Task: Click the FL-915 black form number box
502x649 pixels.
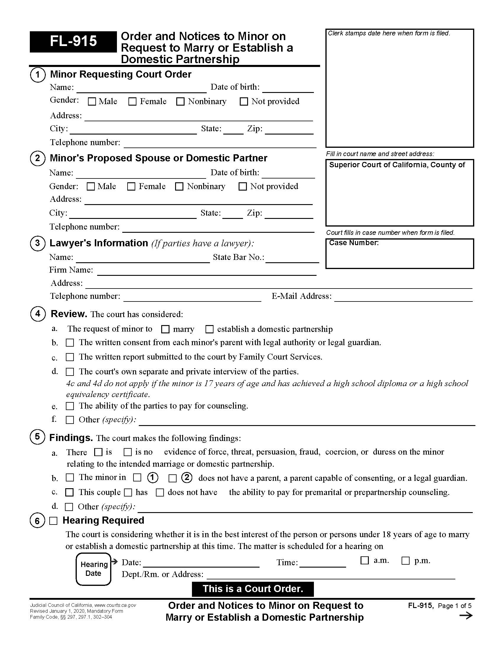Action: [x=73, y=42]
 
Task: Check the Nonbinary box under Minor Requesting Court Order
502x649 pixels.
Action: [x=180, y=102]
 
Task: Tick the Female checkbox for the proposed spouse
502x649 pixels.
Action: [x=131, y=187]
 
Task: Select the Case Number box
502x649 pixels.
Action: [x=400, y=254]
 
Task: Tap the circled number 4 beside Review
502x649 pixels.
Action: [x=38, y=314]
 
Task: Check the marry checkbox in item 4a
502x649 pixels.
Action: [x=165, y=329]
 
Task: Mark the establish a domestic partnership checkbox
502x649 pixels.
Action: [x=209, y=329]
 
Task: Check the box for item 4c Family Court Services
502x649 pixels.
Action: [x=70, y=357]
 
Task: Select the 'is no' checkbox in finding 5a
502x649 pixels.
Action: [x=128, y=452]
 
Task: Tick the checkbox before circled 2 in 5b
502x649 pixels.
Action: [x=172, y=478]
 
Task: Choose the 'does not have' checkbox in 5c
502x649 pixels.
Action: [x=160, y=493]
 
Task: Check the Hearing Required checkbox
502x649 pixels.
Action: [x=53, y=521]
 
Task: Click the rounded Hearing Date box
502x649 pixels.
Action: [x=93, y=569]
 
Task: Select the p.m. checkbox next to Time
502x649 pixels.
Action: [x=405, y=561]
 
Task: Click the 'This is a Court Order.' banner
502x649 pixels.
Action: [x=252, y=589]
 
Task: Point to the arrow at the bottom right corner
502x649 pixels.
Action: [x=466, y=615]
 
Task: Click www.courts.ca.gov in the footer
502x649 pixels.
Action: [x=115, y=605]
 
